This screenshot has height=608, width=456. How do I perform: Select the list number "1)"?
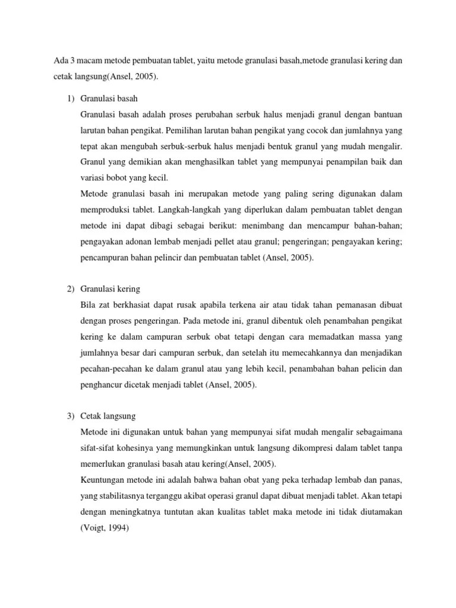coord(69,97)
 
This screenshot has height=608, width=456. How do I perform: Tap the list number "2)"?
coord(69,289)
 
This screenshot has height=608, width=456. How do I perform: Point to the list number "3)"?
coord(69,416)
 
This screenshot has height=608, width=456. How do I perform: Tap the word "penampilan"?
coord(336,161)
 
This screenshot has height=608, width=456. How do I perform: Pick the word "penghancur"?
coord(102,385)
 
